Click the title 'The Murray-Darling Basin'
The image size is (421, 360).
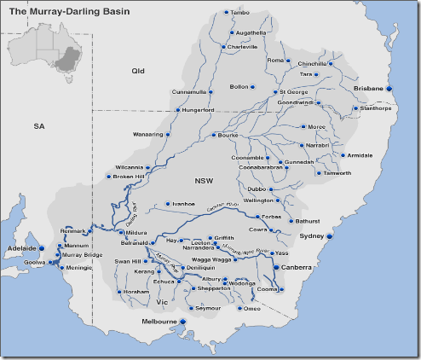coord(62,13)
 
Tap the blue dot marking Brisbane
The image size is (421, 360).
coord(389,89)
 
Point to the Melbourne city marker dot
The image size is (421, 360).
coord(182,321)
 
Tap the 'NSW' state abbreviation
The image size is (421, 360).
coord(204,181)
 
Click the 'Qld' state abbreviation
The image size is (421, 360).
coord(139,71)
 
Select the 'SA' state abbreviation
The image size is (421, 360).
coord(38,125)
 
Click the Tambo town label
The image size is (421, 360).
coord(241,13)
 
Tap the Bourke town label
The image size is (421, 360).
coord(228,135)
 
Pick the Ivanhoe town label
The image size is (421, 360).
coord(184,205)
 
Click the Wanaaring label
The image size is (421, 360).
coord(148,135)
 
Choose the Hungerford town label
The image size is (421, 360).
coord(199,109)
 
